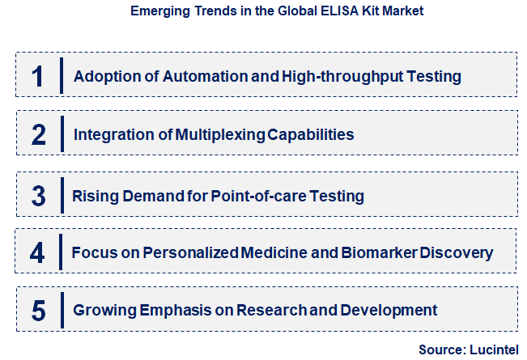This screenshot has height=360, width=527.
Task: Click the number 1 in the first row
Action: coord(37,76)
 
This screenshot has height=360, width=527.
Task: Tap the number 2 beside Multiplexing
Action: coord(39,134)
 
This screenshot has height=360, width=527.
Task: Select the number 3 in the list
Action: coord(39,195)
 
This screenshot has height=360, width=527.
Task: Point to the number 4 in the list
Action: coord(38,252)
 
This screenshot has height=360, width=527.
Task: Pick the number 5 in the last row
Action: coord(39,310)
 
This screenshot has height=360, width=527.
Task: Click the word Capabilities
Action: coord(310,134)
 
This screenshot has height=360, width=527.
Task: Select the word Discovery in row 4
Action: coord(460,252)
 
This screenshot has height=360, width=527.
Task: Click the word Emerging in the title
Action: coord(158,12)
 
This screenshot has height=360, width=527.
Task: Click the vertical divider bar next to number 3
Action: coord(62,195)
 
